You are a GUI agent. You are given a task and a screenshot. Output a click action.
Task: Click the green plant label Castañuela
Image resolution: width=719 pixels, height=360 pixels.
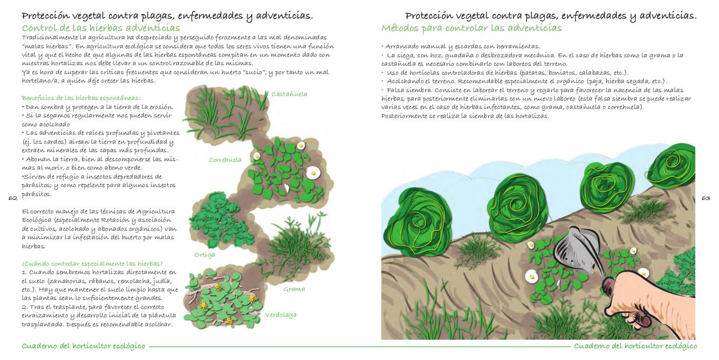point(289,94)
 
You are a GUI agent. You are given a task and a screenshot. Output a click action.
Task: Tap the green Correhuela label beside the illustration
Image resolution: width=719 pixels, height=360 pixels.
point(225,160)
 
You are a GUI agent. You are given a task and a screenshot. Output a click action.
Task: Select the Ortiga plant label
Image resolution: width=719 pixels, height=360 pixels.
point(204,254)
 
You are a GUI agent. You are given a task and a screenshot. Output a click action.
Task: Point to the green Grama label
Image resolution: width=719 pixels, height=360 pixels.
point(294,289)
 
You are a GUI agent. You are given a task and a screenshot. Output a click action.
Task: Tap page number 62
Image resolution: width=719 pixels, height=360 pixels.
point(13,198)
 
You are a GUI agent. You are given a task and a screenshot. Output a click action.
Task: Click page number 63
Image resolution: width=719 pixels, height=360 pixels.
point(706,198)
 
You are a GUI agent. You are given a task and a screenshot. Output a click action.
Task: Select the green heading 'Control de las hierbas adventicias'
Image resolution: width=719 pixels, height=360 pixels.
point(101,28)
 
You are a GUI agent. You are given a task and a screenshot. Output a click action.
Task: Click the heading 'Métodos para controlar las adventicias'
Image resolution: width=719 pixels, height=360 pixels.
point(471,28)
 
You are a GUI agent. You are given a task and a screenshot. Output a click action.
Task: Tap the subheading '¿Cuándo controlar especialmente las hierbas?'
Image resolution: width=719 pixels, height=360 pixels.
point(92,263)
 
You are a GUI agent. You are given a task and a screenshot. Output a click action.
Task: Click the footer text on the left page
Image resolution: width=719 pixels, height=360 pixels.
point(83,346)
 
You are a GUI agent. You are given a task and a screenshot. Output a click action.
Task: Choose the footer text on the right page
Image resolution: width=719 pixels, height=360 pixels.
point(635,346)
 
